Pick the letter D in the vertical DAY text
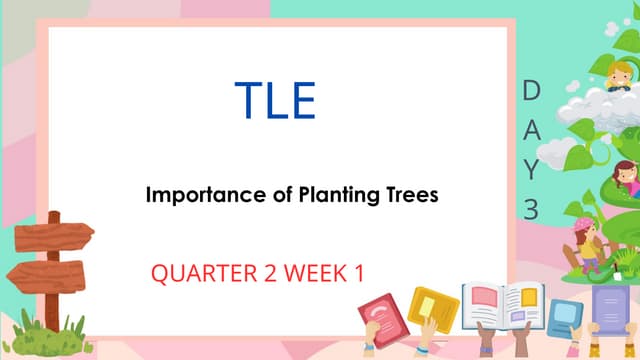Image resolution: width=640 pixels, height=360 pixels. click(531, 92)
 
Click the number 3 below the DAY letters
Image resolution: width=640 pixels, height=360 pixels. click(531, 208)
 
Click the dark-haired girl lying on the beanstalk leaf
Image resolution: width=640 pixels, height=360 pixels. click(624, 177)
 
